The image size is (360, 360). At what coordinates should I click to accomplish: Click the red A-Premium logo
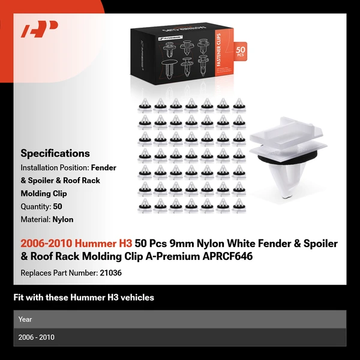[x=39, y=30]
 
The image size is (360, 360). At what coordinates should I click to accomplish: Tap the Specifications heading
[x=55, y=154]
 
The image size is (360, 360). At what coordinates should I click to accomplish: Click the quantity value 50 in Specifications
[x=58, y=206]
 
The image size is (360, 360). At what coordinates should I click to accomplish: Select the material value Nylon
[x=63, y=220]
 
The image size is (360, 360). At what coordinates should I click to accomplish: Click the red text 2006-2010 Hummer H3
[x=76, y=244]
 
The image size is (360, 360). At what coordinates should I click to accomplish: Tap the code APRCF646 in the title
[x=227, y=256]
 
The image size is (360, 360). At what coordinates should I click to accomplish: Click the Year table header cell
[x=26, y=319]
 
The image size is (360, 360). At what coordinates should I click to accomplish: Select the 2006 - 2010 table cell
[x=37, y=337]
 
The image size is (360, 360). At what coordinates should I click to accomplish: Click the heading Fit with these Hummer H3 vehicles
[x=84, y=298]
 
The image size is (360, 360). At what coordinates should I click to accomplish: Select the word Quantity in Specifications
[x=35, y=206]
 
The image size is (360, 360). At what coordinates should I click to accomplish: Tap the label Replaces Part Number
[x=58, y=272]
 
